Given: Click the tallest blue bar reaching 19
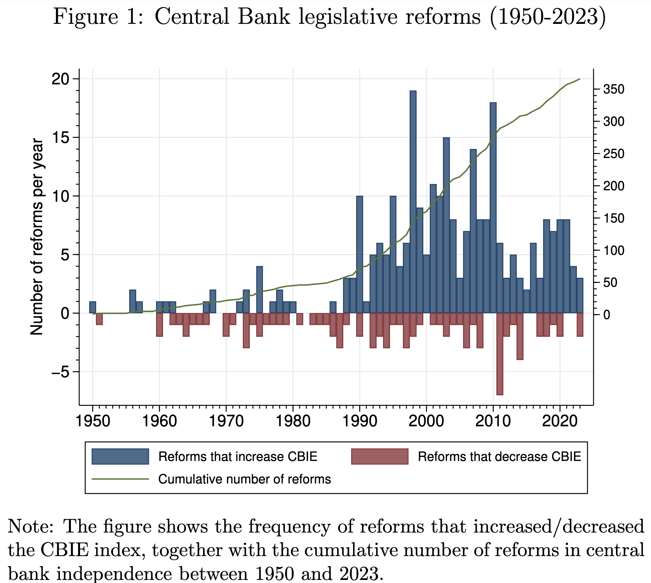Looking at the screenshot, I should [x=413, y=202].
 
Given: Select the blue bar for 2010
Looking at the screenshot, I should [x=493, y=208].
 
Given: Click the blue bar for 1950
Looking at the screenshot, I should [x=92, y=307].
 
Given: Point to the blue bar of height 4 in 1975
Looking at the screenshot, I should [x=259, y=290].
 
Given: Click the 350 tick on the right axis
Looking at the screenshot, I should [x=613, y=89].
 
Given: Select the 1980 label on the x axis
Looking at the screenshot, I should [x=293, y=421].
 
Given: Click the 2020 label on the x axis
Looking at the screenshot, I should [x=560, y=421].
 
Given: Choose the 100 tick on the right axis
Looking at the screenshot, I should [x=613, y=250].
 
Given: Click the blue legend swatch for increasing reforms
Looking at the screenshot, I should [x=120, y=457].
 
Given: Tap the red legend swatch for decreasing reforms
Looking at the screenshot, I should [x=379, y=457].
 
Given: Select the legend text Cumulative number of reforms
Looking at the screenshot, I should [x=244, y=479].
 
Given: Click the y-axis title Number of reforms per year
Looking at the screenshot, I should [x=37, y=237].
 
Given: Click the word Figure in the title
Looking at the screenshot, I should [x=86, y=17].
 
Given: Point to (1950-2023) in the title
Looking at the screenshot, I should [x=547, y=17].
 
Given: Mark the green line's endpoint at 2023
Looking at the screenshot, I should [x=580, y=79].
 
